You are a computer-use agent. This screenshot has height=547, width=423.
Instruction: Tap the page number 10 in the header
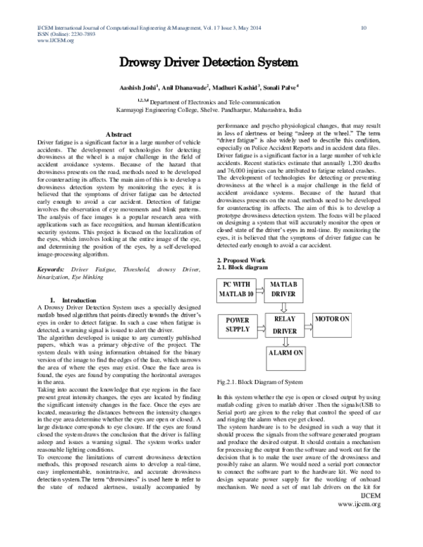tap(363, 27)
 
